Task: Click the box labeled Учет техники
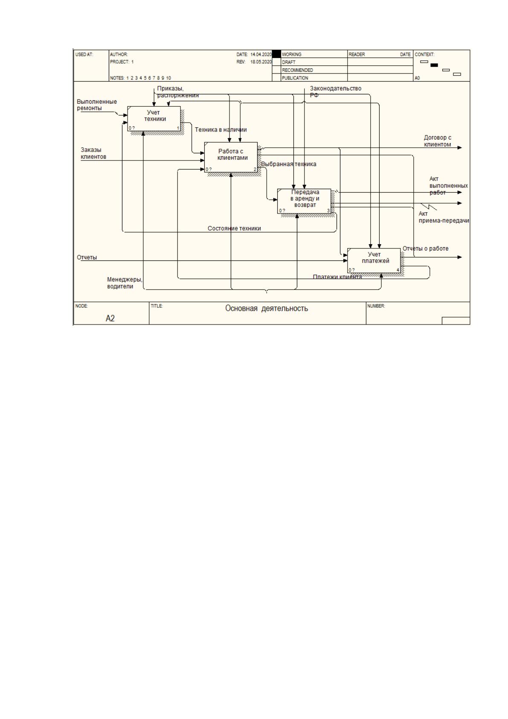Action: coord(154,118)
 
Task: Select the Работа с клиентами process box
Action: coord(231,157)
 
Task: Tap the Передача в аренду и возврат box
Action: coord(304,201)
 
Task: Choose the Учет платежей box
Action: coord(374,260)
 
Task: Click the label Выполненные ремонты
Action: coord(97,105)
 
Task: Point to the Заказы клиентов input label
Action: coord(93,153)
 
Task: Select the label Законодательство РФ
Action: coord(335,92)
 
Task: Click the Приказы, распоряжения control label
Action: coord(178,92)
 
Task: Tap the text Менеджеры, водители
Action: coord(125,283)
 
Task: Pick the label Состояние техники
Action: coord(234,228)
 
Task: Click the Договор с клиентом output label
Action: coord(438,141)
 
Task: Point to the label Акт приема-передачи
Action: coord(444,217)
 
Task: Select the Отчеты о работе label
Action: coord(425,248)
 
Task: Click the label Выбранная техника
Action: coord(288,164)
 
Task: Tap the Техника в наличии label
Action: coord(221,130)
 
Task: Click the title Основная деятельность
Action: coord(267,308)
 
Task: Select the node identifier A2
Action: coord(110,318)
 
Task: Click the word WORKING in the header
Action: coord(291,54)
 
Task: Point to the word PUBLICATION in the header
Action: coord(295,78)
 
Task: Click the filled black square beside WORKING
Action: coord(276,54)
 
